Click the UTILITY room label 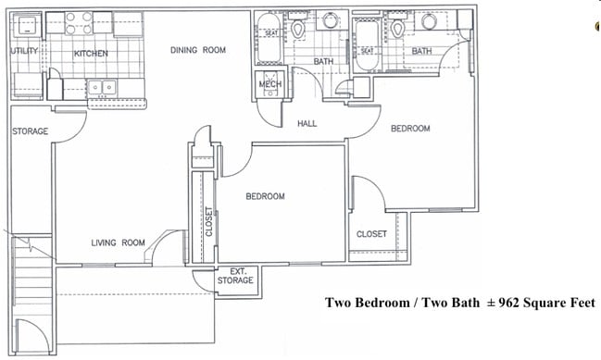[24, 52]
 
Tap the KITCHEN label [91, 54]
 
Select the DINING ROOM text [198, 50]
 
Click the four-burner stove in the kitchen [79, 21]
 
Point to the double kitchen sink [101, 88]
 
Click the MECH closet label [270, 84]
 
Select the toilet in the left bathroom [298, 29]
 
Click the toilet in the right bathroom [398, 29]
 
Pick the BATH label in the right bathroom [421, 51]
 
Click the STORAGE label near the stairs [30, 131]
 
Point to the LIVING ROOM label [118, 242]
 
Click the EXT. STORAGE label [234, 276]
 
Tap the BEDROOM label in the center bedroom [265, 196]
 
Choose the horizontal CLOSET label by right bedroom [372, 234]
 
